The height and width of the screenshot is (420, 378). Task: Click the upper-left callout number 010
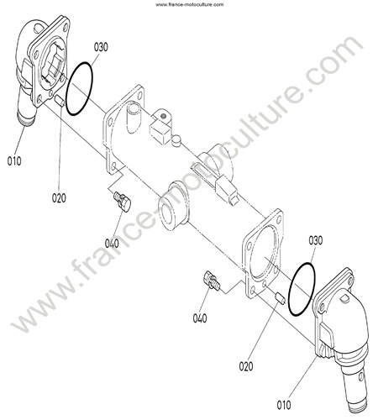14,161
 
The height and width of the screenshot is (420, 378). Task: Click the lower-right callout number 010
284,405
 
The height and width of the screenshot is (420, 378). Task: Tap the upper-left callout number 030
101,47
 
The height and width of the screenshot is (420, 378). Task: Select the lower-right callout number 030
316,240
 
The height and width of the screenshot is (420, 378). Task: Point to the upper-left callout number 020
59,198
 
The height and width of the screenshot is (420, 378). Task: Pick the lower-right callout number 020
246,366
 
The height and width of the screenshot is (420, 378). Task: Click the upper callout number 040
112,244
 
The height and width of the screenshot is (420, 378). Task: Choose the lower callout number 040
200,318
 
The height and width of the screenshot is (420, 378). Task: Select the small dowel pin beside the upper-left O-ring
60,100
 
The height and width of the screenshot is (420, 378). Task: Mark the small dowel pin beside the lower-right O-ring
280,298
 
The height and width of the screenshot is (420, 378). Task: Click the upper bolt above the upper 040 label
123,201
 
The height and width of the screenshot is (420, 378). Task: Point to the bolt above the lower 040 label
212,281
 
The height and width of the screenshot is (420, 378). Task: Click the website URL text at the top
190,4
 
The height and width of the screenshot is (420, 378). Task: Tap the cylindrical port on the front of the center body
172,206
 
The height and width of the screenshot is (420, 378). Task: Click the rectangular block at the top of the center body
160,134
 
